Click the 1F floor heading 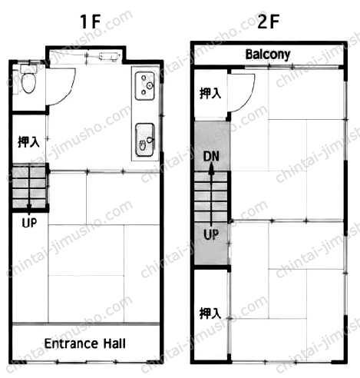coord(91,22)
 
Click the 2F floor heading coord(268,22)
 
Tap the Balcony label coord(268,55)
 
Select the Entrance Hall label coord(85,343)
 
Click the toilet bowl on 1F coord(28,83)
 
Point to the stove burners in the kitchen coord(145,86)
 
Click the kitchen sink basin coord(145,140)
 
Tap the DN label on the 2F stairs coord(211,156)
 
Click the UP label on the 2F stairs coord(211,234)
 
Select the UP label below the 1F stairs coord(29,223)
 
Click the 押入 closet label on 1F coord(28,141)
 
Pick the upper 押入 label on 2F coord(210,93)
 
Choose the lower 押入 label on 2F coord(210,313)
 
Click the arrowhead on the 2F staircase coord(211,169)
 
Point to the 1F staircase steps coord(29,187)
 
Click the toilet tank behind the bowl coord(28,68)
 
